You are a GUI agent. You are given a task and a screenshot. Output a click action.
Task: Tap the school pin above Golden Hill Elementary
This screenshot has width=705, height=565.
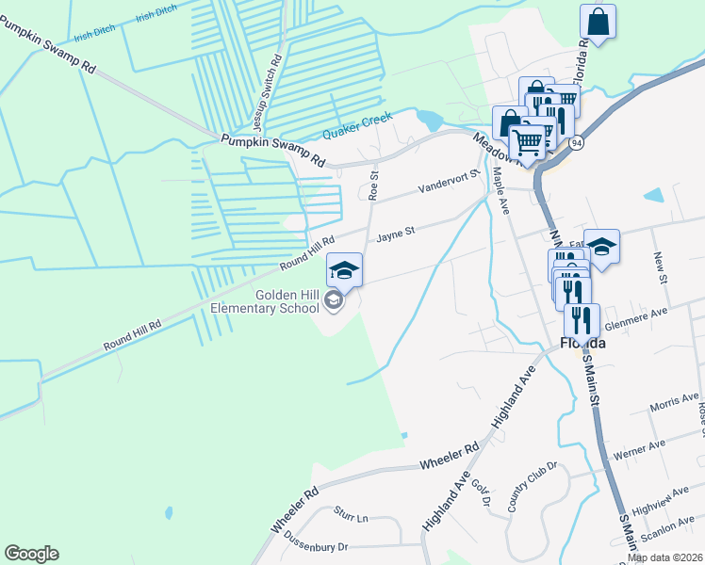[x=344, y=269]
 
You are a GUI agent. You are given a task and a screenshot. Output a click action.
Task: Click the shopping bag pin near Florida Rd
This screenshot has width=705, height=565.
[x=598, y=21]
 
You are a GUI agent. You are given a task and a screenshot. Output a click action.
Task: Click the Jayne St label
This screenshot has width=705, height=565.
[x=396, y=237]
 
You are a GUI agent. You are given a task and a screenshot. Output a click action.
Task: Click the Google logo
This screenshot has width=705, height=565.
[x=31, y=554]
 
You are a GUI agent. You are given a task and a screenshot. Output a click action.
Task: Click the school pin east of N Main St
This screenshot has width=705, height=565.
[x=601, y=248]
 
